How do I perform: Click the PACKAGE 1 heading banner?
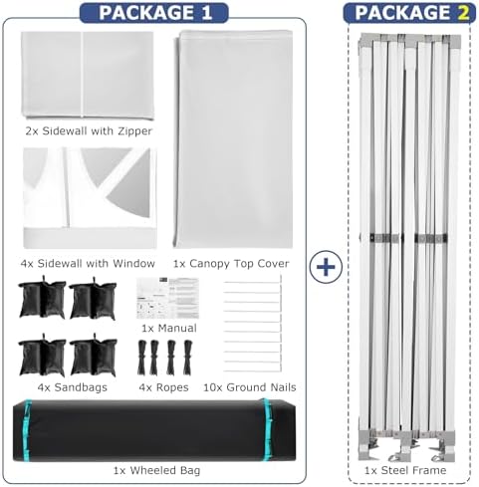(154, 13)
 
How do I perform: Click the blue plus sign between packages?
(326, 267)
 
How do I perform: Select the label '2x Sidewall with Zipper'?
(89, 130)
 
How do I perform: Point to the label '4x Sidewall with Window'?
(88, 263)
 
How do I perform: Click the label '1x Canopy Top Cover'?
(231, 263)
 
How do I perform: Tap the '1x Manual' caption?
(169, 328)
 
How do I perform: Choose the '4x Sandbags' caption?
(73, 387)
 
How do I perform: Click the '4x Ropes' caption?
(163, 387)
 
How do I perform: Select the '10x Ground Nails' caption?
(250, 387)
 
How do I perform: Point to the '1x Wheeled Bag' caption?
(156, 470)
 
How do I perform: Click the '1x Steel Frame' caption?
(405, 470)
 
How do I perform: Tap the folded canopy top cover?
(233, 139)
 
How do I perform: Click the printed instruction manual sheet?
(167, 298)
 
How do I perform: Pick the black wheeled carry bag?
(154, 430)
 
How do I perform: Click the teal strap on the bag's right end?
(267, 429)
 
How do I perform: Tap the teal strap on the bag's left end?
(28, 430)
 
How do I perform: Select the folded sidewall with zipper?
(88, 75)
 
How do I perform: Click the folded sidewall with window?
(90, 198)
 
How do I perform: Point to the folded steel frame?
(409, 247)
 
